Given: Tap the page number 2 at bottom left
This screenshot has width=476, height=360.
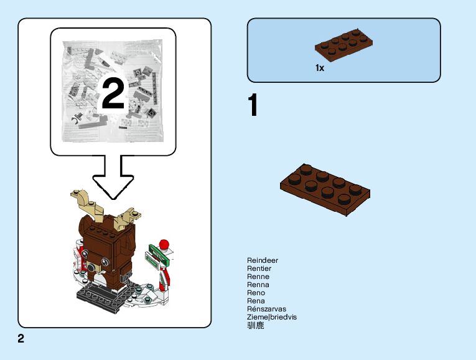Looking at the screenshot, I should coord(21,339).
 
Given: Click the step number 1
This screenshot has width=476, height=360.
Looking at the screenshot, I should coord(253,107).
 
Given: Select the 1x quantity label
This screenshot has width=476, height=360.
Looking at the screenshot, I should coord(320,68).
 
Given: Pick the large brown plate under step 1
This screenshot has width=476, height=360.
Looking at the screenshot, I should coord(325,189).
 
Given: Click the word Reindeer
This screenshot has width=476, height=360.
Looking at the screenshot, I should coord(263,260).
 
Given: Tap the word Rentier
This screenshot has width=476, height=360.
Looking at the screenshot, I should coord(259,268).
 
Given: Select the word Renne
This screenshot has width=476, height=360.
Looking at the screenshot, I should coord(258,277).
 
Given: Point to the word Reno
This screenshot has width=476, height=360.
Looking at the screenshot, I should coord(256,293).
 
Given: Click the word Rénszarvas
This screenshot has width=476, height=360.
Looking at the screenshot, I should coord(266,309).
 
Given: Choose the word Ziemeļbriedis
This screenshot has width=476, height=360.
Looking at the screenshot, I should coord(272,317).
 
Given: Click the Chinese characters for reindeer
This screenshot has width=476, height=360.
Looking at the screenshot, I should coord(255,325).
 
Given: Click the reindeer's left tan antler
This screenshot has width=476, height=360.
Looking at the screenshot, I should coord(85,204).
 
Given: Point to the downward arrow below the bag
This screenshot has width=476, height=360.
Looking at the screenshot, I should coord(113,173).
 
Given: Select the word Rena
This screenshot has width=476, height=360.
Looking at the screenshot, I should coord(256,301).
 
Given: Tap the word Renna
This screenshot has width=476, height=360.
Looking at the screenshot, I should coord(258,285).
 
